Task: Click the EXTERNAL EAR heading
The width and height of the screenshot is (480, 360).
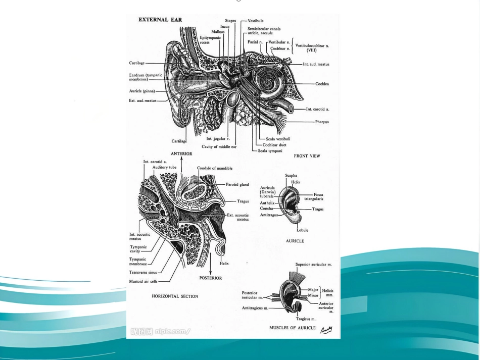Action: pos(160,20)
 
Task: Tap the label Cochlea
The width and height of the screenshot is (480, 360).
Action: pos(322,84)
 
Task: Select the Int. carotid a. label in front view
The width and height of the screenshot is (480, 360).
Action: pos(317,109)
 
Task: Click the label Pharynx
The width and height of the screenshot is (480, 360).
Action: pos(322,122)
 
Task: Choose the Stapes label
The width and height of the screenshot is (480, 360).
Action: pos(230,21)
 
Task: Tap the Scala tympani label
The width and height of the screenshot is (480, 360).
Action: pos(270,151)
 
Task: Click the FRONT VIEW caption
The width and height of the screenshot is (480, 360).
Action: pos(307,156)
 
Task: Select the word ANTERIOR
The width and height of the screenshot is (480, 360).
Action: pos(181,154)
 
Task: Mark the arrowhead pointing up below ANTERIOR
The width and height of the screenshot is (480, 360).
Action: pos(181,159)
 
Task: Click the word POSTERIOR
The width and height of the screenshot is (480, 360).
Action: pos(211,278)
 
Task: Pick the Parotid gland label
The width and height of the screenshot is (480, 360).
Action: pos(237,184)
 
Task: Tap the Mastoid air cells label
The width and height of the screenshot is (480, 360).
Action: pos(143,281)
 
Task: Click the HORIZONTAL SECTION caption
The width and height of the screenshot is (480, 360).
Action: pos(175,296)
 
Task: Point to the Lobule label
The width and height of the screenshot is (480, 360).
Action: pos(303,230)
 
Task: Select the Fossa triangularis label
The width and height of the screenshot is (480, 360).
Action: pos(314,197)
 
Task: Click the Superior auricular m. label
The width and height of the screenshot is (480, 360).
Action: pos(313,265)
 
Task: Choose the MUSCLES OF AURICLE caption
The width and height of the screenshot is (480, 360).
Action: pos(293,328)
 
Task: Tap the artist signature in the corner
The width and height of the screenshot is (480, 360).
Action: pos(326,330)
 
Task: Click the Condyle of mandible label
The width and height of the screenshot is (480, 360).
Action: pos(215,168)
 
